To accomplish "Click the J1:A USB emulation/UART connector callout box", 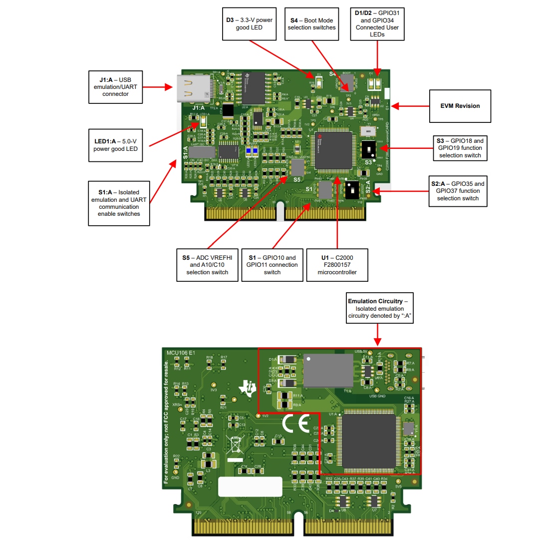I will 115,86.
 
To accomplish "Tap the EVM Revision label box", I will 460,106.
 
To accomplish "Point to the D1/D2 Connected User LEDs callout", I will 377,24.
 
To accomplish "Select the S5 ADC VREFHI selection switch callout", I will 207,265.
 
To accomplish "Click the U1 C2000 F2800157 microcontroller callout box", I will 337,265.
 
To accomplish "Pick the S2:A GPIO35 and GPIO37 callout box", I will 458,191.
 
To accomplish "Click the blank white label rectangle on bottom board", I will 250,487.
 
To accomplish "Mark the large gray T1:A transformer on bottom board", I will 327,371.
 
